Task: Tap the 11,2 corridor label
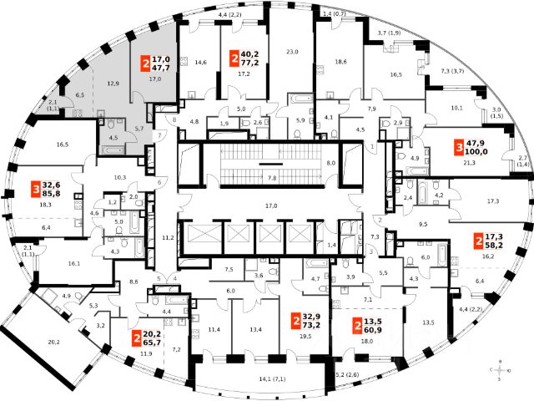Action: [166, 238]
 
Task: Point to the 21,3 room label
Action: [468, 164]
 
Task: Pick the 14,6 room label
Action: [200, 62]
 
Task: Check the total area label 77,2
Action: [250, 62]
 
